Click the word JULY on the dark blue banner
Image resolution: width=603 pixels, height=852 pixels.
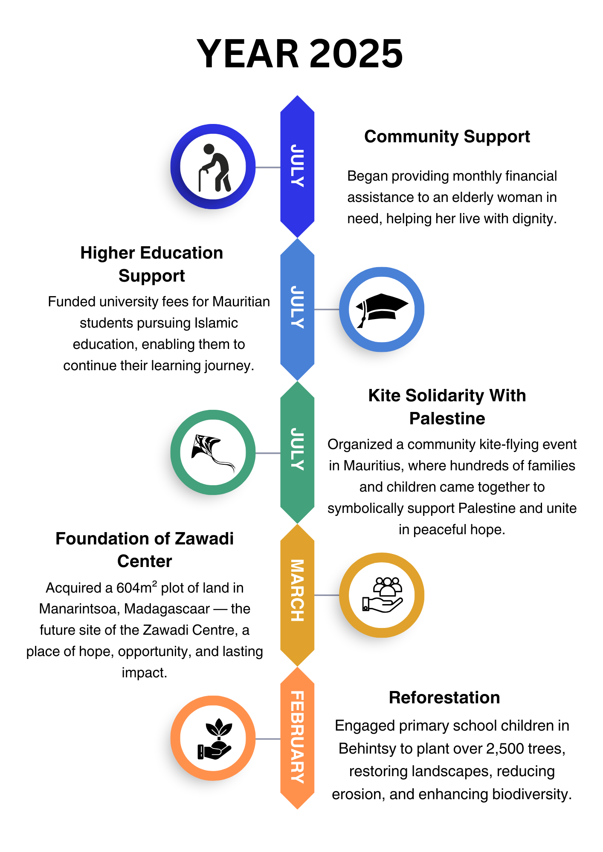[x=297, y=166]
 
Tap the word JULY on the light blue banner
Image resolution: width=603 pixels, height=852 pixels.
[x=297, y=307]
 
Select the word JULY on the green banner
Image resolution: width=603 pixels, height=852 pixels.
[x=297, y=449]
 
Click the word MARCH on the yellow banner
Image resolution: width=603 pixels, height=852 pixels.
[x=297, y=590]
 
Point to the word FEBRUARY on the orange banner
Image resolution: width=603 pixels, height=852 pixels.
[x=297, y=737]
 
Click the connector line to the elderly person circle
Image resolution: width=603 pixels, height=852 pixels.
[x=268, y=167]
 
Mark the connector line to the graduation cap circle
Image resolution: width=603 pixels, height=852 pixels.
[x=327, y=309]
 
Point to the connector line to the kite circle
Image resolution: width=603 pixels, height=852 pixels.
[x=268, y=453]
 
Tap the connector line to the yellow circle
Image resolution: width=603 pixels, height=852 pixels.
[x=327, y=595]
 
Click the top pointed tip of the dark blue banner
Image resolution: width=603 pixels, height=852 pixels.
[x=297, y=97]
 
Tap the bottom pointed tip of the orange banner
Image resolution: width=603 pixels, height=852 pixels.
[x=297, y=808]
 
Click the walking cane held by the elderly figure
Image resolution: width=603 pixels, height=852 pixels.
[x=200, y=181]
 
